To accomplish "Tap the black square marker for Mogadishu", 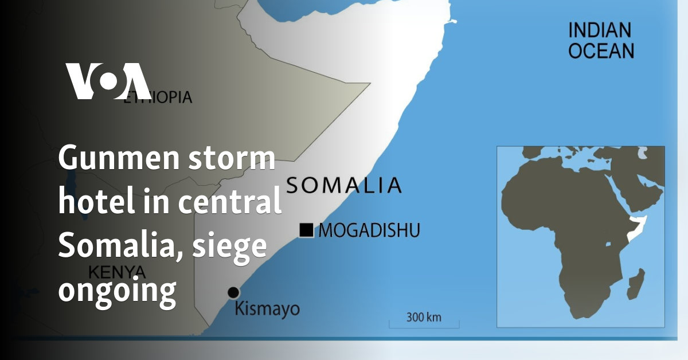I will coord(306,230).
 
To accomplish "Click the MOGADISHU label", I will coord(369,231).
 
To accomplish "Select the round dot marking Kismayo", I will coord(233,292).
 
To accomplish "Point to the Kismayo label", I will coord(267,310).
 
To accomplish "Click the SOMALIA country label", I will coord(343,185).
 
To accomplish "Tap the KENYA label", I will coord(117,271).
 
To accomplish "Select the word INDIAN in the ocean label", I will coord(599,30).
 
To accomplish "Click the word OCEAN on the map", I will coord(600,50).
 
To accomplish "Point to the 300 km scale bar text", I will coord(424,317).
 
